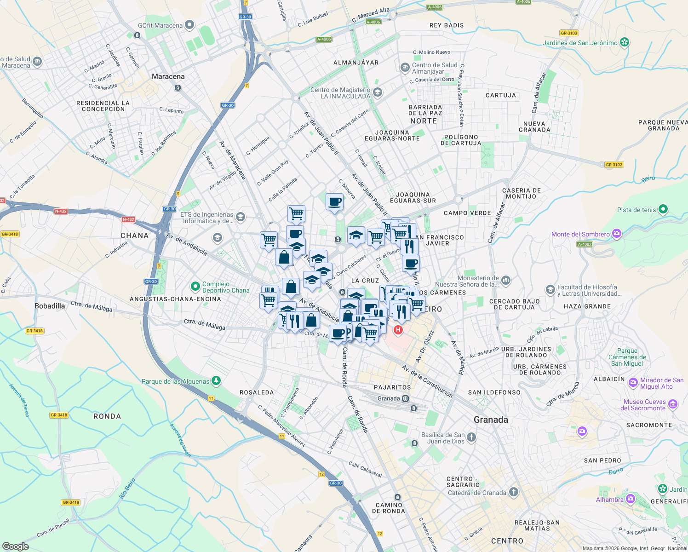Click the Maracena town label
[168, 76]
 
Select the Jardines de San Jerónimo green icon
[624, 43]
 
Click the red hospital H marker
[398, 329]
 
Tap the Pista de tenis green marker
[663, 210]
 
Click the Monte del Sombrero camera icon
[616, 234]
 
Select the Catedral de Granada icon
[513, 492]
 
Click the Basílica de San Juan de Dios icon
[471, 437]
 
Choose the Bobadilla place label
[50, 306]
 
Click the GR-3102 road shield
[614, 164]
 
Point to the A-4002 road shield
[585, 244]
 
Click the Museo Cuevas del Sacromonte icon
[673, 404]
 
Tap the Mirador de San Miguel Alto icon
[633, 382]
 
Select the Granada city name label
[491, 420]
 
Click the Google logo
[15, 546]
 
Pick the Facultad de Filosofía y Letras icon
[550, 290]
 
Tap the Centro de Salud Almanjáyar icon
[405, 68]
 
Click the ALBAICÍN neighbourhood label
[609, 379]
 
